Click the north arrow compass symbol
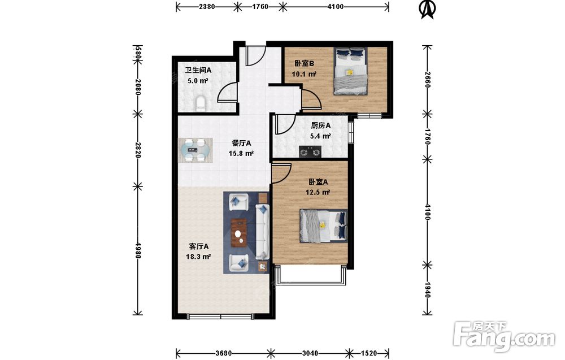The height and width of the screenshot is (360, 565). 428,10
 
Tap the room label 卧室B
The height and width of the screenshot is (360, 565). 305,64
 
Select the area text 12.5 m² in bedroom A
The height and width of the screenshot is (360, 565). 318,192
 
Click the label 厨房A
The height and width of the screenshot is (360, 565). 321,126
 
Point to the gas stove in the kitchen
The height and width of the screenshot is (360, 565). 310,151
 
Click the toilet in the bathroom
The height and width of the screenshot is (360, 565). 201,103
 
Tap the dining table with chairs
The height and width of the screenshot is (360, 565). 195,150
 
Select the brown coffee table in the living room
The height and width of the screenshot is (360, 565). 239,233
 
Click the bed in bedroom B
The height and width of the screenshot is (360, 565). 351,71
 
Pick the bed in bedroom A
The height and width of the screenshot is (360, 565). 324,226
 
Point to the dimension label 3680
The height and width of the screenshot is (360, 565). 223,353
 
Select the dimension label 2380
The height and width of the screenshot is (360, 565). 207,6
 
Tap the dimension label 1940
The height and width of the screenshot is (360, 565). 427,290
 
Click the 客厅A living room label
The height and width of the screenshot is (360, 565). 199,247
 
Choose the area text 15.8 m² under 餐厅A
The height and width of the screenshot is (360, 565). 241,154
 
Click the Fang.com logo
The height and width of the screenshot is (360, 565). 504,336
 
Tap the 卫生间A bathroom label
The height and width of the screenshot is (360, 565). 198,70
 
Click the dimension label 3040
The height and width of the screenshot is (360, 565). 310,353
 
